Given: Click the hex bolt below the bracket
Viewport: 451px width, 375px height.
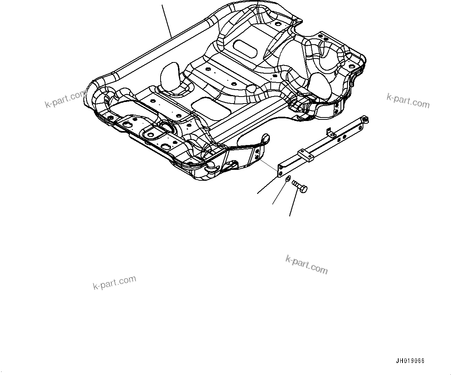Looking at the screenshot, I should pos(299,186).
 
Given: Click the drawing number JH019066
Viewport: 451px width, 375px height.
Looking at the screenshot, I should pos(410,361).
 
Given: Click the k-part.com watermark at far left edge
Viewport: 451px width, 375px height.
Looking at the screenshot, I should pos(65,99).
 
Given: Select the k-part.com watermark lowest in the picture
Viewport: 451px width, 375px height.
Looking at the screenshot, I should pos(114,283).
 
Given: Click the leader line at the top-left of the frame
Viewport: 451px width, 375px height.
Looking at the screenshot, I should pos(166,19).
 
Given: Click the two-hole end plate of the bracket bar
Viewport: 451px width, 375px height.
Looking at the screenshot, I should pos(281,171).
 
